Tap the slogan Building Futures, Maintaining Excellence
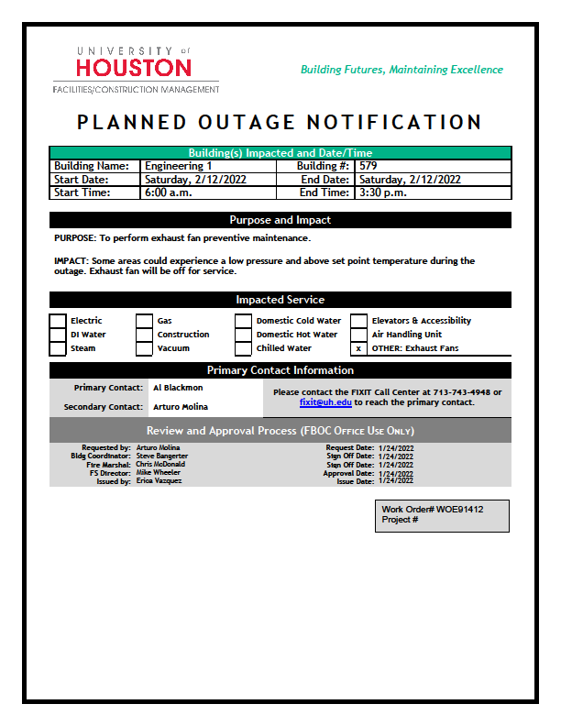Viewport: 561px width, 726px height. [x=401, y=70]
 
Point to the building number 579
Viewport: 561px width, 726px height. [x=368, y=166]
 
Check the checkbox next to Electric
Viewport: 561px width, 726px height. [x=58, y=321]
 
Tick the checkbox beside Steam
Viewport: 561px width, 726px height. [x=58, y=348]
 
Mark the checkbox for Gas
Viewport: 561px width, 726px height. [x=145, y=321]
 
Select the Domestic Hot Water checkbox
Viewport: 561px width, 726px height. [x=243, y=335]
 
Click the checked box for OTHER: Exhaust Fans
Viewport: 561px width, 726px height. [x=358, y=348]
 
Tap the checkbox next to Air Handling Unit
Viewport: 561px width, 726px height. [x=358, y=335]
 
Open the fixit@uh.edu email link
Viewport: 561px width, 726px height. [x=324, y=402]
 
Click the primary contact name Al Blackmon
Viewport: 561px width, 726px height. [x=178, y=388]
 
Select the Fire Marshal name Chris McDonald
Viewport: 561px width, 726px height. [x=160, y=464]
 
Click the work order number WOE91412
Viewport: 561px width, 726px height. [x=459, y=509]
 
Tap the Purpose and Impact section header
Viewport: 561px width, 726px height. [x=280, y=220]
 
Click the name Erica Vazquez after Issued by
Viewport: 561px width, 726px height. [x=159, y=480]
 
